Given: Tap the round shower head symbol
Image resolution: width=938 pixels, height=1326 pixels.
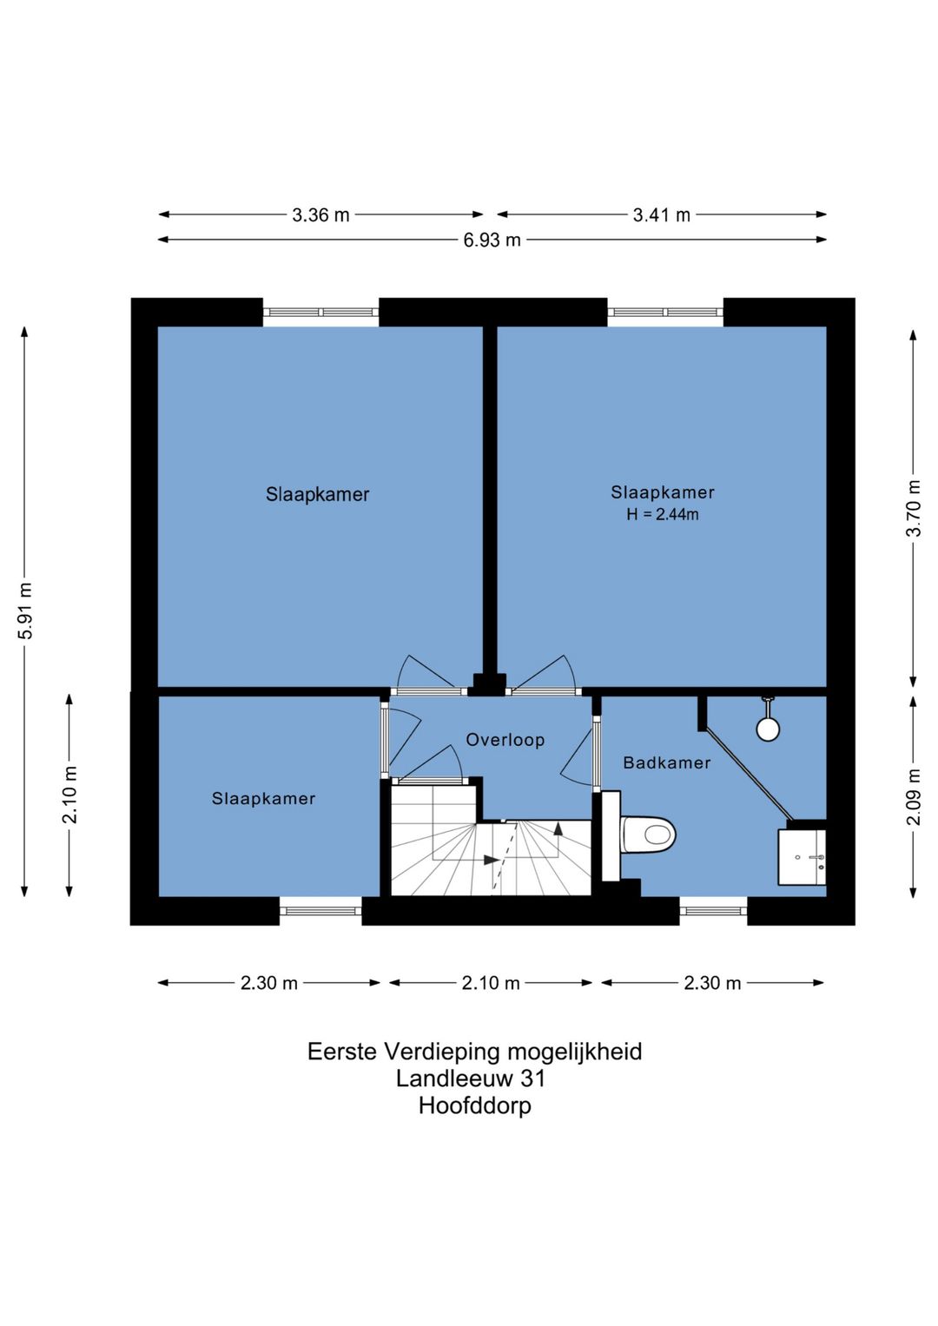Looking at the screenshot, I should [768, 728].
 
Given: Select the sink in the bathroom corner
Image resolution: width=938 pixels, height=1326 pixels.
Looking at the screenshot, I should [802, 858].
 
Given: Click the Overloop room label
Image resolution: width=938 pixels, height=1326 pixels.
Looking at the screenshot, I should [505, 740].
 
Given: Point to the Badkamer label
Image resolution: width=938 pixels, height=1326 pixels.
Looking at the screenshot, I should [667, 762].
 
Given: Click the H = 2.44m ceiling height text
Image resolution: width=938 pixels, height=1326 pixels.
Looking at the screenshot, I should [663, 514].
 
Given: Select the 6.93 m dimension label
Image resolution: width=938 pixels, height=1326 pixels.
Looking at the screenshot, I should [492, 241].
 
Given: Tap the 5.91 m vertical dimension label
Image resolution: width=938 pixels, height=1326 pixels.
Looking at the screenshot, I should [26, 611].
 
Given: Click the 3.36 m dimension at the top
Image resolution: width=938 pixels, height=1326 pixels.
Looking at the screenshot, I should [320, 215].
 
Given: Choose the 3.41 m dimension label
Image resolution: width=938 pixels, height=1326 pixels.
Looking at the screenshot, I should [662, 215].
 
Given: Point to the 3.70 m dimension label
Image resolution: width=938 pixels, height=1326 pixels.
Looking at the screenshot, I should [914, 508].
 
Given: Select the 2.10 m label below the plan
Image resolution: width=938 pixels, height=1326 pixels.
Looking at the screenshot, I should [491, 983].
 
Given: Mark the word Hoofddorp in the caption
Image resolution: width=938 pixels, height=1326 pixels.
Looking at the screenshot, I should [475, 1105].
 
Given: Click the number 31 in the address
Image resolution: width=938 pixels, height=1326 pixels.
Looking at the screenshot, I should [532, 1079].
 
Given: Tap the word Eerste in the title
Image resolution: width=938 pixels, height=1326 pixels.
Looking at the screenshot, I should [342, 1052].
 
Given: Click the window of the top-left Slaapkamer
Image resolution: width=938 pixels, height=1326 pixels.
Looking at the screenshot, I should [320, 312].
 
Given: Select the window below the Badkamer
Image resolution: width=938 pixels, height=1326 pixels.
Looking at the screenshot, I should [713, 911].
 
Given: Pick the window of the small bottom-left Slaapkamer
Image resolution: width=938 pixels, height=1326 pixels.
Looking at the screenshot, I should [320, 911].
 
